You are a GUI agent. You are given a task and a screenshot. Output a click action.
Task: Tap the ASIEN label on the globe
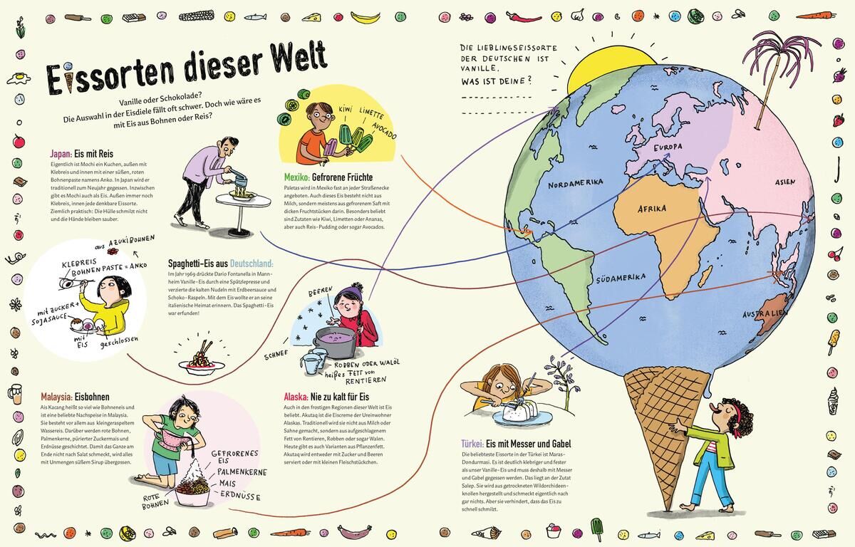coord(785,182)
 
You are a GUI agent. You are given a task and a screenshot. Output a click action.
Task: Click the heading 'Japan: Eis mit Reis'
coord(82,153)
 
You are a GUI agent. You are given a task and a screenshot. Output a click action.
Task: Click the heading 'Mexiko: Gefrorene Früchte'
coord(328,177)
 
